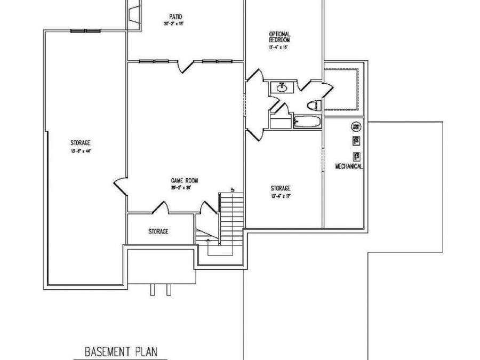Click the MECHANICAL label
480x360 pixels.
[x=349, y=166]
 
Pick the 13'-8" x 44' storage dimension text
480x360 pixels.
[x=80, y=151]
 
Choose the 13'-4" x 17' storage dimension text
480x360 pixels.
[x=280, y=196]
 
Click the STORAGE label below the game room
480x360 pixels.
[x=158, y=231]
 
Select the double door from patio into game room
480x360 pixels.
[x=185, y=66]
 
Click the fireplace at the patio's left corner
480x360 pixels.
[x=133, y=13]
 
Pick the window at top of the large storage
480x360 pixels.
[x=85, y=31]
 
